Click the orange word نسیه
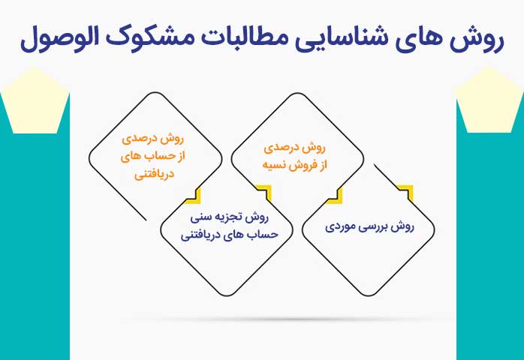point(274,165)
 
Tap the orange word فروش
point(303,165)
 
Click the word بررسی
point(378,227)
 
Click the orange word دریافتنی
point(155,175)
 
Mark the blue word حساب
point(265,235)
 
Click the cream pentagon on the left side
point(35,100)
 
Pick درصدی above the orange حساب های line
point(138,139)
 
